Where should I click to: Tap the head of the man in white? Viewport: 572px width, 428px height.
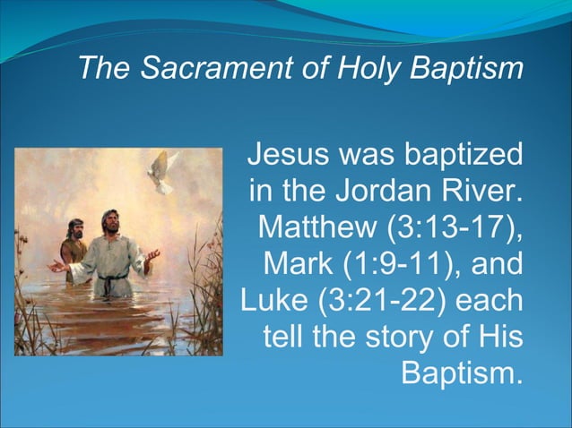pyautogui.click(x=110, y=221)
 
